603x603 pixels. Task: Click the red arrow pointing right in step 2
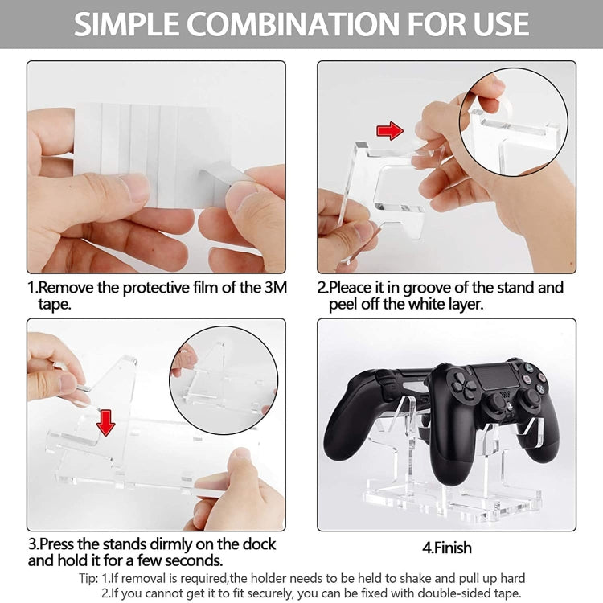coord(390,130)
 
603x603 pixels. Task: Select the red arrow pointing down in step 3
coord(105,420)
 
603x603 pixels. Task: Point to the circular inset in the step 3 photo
coord(223,380)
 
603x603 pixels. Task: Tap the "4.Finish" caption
coord(446,548)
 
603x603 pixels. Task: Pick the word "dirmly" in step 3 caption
coord(166,544)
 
